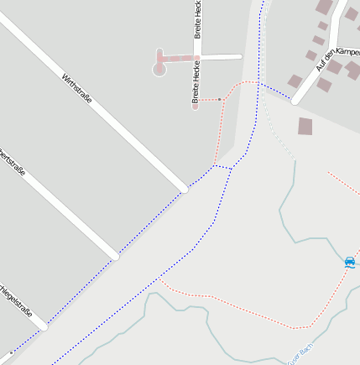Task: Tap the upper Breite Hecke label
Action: (x=198, y=18)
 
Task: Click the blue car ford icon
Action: (x=350, y=263)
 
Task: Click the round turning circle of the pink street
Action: (x=159, y=69)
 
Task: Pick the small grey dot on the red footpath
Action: (x=220, y=99)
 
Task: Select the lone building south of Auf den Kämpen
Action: (x=305, y=127)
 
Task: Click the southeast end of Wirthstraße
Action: (x=185, y=189)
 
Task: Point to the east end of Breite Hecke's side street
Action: (x=241, y=56)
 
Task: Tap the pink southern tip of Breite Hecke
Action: (x=195, y=107)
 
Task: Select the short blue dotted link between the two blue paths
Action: (x=222, y=167)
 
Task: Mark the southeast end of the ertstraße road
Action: (x=116, y=256)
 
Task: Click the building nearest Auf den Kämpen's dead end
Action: (x=295, y=81)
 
